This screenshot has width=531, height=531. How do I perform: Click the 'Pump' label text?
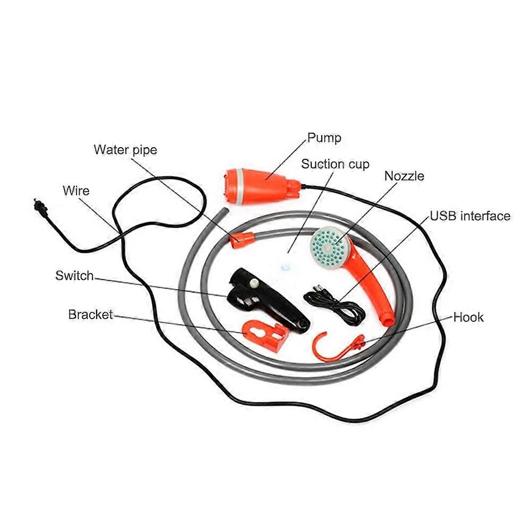point(324,138)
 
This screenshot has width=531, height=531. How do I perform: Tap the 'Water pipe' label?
point(125,150)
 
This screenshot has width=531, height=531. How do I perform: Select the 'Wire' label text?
point(76,191)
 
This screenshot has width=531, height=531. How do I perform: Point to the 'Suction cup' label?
point(335,164)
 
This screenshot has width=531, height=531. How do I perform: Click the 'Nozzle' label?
point(404,176)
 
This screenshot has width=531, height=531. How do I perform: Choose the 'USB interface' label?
point(470,216)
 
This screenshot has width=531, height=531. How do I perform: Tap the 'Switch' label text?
point(74,276)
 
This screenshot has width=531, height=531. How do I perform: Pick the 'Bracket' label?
point(90,314)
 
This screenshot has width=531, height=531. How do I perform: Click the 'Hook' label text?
point(468,318)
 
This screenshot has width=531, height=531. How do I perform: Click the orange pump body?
point(261,186)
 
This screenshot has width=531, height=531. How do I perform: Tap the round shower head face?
point(330,245)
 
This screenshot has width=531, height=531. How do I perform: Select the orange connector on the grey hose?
point(242,240)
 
